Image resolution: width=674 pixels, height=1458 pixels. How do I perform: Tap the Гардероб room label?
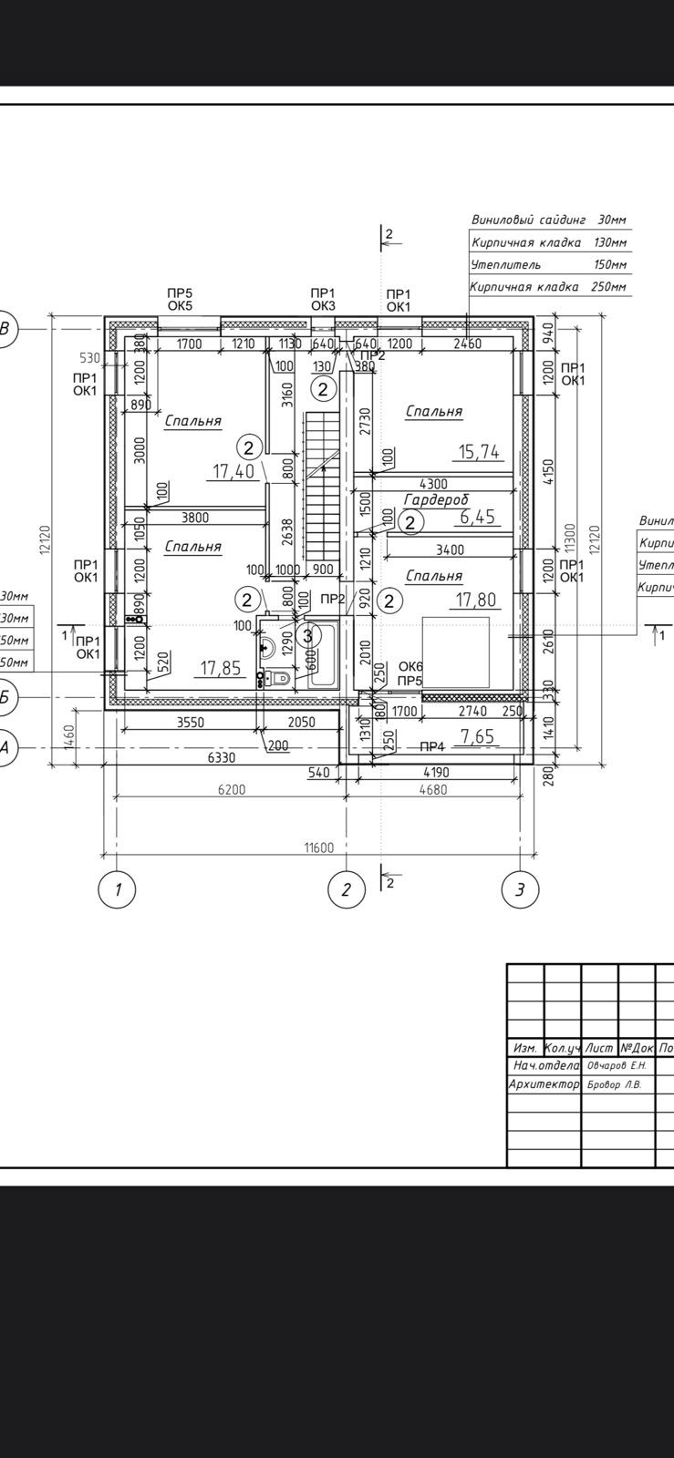tap(436, 499)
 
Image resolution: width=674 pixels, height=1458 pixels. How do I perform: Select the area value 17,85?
tap(220, 668)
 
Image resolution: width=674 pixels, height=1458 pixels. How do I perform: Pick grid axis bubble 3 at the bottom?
tap(520, 889)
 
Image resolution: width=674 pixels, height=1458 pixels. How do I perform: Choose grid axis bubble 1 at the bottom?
tap(117, 889)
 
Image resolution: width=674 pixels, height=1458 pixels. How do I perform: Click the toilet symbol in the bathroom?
tap(277, 679)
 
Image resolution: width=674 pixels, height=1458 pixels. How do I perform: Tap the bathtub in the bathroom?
tap(325, 656)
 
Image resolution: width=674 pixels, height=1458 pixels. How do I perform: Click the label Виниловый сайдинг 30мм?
tap(549, 220)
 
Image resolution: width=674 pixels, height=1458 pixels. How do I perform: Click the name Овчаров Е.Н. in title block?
tap(617, 1065)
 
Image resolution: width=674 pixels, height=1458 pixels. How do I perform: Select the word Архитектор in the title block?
tap(544, 1084)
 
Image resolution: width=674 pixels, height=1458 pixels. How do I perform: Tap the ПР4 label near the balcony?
tap(431, 746)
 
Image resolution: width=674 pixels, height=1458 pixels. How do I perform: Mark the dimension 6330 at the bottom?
tap(222, 757)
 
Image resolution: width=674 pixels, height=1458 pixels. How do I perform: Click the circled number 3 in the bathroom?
tap(308, 635)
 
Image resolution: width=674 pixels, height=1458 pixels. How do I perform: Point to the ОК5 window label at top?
tap(180, 305)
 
